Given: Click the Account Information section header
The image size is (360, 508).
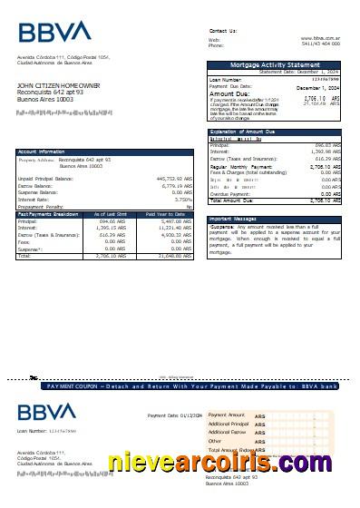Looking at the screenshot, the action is [x=42, y=151].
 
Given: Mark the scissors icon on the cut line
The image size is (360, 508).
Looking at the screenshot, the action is [x=34, y=376].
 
